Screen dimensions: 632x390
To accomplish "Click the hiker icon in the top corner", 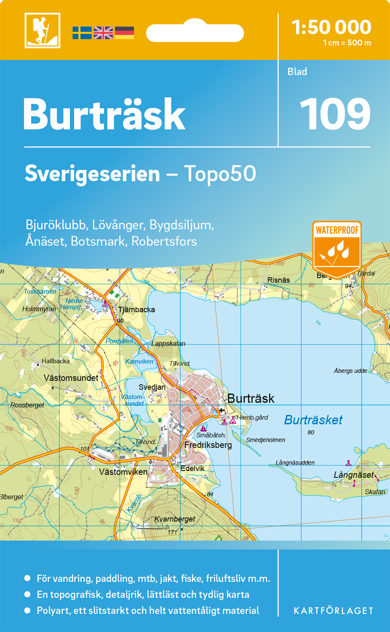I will (42, 30).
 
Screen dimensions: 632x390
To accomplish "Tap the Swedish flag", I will (82, 33).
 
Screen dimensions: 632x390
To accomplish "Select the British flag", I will (103, 33).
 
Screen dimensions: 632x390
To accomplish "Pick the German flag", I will (124, 33).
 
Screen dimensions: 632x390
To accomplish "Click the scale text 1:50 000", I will (331, 27).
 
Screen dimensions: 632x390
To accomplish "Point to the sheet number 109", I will (335, 114).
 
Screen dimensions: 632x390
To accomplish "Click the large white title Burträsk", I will (104, 115).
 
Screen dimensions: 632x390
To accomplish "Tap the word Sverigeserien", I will (92, 174).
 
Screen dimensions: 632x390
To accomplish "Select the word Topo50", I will (219, 174).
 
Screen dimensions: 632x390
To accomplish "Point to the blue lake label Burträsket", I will (313, 420).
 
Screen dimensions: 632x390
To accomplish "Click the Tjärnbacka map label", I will (136, 310).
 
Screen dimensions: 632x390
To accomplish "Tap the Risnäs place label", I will (278, 280).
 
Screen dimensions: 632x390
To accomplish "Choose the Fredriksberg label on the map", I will (208, 445).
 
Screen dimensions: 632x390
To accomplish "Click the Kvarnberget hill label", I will (175, 519).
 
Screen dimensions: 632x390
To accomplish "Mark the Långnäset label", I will (353, 475).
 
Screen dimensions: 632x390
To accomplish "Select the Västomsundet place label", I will (71, 378).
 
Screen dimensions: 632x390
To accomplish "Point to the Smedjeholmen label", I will (265, 440).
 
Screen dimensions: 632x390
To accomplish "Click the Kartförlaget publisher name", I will (333, 611).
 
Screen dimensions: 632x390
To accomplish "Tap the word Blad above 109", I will (297, 72).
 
